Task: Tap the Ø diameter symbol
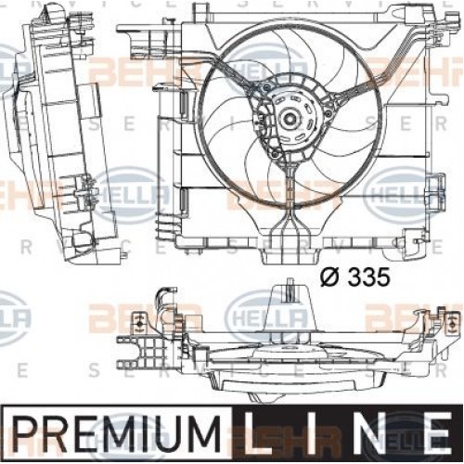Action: tap(329, 276)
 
